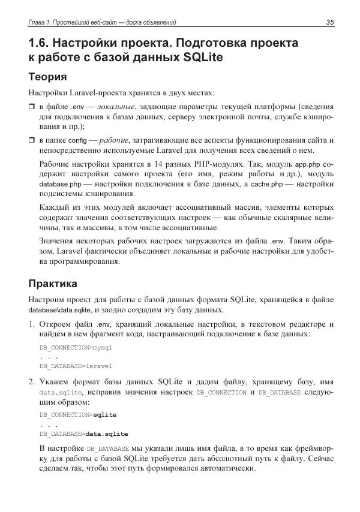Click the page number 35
tap(329, 22)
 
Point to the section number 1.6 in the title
tap(41, 44)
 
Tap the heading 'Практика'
tap(55, 282)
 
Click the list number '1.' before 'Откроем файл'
tap(32, 324)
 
